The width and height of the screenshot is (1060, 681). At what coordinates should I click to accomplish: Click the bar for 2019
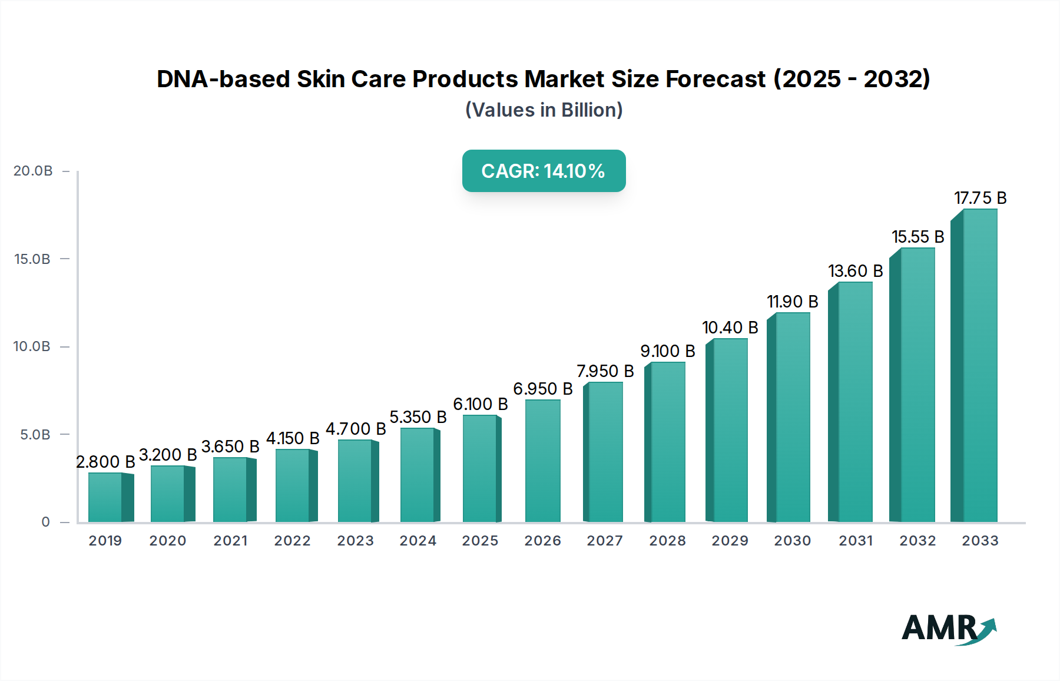point(106,497)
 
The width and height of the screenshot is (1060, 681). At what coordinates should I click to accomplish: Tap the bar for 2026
point(542,461)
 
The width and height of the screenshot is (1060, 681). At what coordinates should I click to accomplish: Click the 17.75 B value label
point(980,198)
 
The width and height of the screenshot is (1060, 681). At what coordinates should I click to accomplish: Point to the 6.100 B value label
point(480,404)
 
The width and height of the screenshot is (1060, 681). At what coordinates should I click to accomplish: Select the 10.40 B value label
point(730,328)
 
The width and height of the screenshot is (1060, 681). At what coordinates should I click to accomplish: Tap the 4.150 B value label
point(293,438)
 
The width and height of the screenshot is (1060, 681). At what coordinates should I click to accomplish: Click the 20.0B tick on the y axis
point(33,171)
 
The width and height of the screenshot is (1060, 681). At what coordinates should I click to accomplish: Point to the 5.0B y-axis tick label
point(35,435)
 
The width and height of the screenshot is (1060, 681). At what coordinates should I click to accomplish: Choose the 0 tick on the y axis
point(45,522)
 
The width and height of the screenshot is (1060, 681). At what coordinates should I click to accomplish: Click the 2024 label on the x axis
point(418,541)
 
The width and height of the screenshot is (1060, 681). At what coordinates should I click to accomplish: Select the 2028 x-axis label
point(667,541)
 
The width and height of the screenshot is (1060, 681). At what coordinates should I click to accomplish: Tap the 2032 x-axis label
point(917,541)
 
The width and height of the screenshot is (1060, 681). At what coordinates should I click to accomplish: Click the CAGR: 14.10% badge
point(544,171)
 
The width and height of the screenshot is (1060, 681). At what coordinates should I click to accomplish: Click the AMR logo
point(948,629)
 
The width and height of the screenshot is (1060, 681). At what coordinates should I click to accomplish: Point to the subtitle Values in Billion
point(544,110)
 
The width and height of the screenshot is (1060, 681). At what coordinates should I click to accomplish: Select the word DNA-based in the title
point(223,79)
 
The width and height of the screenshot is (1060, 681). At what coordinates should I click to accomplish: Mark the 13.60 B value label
point(855,271)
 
